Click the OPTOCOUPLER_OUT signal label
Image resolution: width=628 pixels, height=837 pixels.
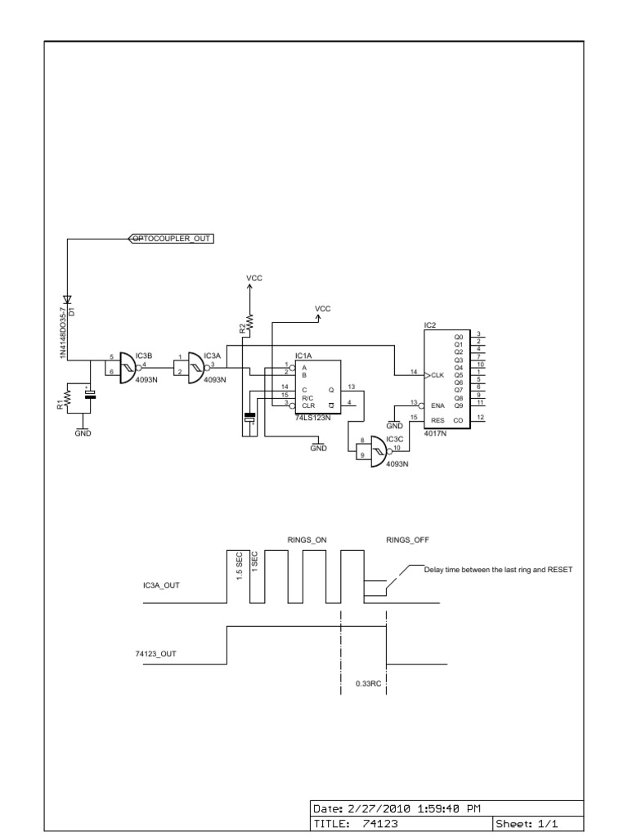coord(172,238)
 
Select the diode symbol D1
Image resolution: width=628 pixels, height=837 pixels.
coord(68,300)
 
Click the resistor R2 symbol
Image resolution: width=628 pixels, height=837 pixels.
coord(249,325)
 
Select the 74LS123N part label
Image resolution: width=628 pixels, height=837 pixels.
coord(313,418)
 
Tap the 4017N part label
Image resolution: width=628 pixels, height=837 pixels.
coord(434,434)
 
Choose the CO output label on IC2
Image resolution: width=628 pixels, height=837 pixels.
coord(458,419)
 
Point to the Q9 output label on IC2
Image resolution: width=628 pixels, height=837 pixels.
coord(458,405)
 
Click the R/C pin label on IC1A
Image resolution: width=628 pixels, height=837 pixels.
coord(307,397)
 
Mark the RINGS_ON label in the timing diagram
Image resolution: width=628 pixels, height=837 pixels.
coord(307,539)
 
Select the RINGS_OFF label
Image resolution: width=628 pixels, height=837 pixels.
coord(407,539)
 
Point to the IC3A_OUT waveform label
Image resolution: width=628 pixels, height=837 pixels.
coord(159,585)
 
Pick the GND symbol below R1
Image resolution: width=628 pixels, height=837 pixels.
coord(83,432)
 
